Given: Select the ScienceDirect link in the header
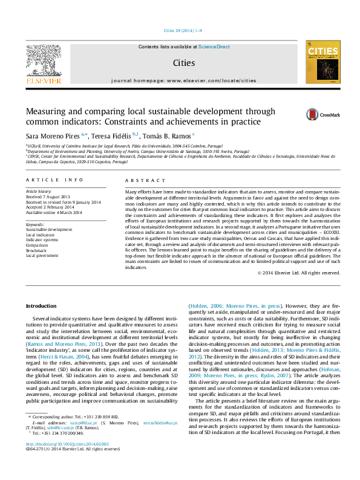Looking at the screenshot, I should click(x=214, y=47).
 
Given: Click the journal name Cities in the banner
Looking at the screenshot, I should click(x=184, y=62).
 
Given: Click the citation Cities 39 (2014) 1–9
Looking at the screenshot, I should click(x=183, y=30).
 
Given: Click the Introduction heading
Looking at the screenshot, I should click(x=41, y=306).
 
